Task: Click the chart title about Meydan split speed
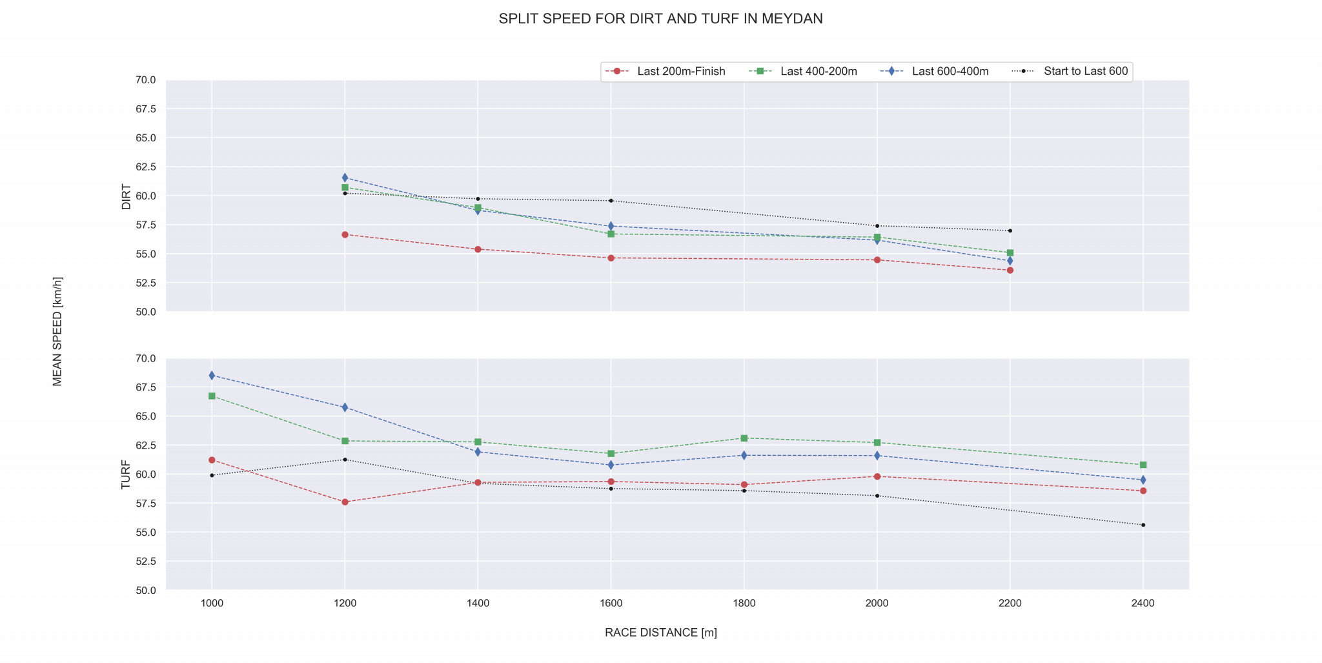(660, 19)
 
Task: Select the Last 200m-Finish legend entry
(680, 72)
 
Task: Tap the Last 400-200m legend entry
(818, 72)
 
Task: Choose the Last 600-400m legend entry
(950, 72)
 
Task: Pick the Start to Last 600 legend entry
(1085, 72)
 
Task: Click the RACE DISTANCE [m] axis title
(660, 633)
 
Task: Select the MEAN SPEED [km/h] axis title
(58, 332)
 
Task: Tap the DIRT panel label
(127, 197)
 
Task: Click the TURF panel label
(127, 474)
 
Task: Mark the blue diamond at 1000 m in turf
(212, 376)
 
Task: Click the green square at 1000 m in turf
(212, 396)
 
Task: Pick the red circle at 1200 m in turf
(345, 502)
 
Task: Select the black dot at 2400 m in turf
(1143, 525)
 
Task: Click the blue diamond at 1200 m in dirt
(345, 178)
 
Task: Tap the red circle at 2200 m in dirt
(1010, 270)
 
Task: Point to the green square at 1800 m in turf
(744, 438)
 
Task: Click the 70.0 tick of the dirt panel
(146, 80)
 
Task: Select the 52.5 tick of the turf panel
(146, 562)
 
